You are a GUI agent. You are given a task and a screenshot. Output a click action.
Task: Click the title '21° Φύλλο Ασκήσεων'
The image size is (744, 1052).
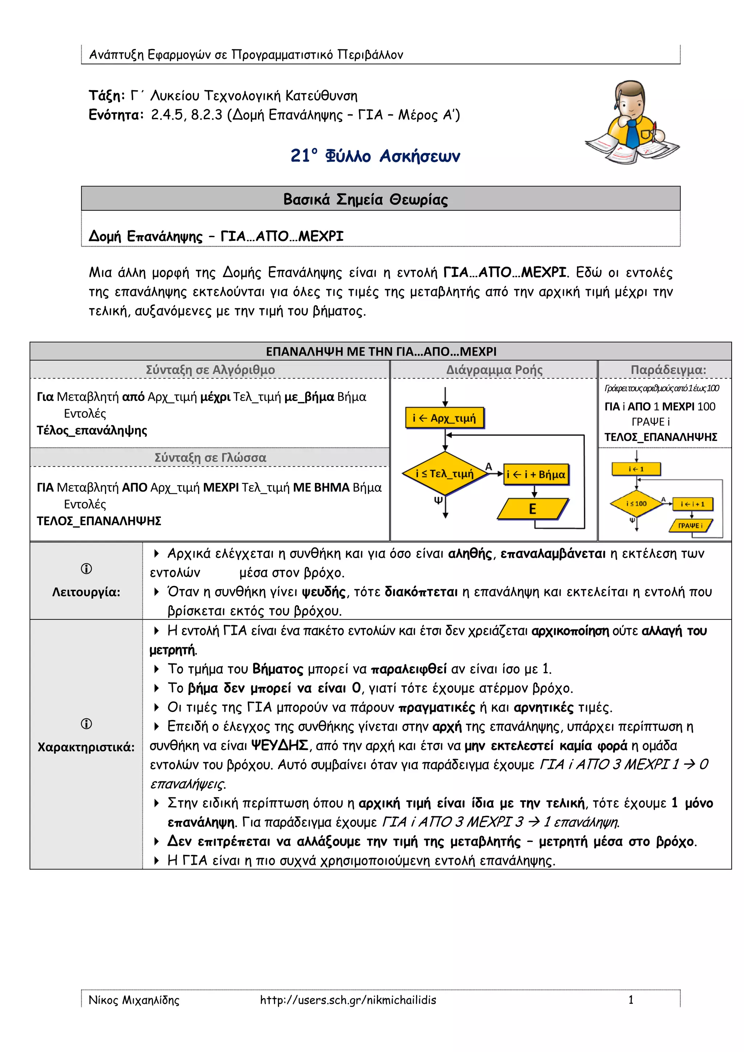pyautogui.click(x=375, y=156)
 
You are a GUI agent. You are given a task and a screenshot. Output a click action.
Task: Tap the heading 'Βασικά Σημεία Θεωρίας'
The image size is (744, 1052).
pyautogui.click(x=365, y=199)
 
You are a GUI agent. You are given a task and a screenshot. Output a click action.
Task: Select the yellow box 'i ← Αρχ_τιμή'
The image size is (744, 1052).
pyautogui.click(x=444, y=418)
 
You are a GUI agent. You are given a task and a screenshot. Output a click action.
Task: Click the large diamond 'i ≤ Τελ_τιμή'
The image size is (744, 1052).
pyautogui.click(x=444, y=473)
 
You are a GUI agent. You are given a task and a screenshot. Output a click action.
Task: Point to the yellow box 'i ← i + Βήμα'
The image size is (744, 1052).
pyautogui.click(x=535, y=474)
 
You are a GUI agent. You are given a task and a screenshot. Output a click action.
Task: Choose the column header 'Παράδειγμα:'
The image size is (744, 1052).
pyautogui.click(x=668, y=370)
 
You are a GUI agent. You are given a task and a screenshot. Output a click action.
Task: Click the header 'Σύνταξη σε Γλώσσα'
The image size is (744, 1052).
pyautogui.click(x=210, y=457)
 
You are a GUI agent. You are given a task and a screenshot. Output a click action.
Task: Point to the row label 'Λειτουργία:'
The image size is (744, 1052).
pyautogui.click(x=86, y=592)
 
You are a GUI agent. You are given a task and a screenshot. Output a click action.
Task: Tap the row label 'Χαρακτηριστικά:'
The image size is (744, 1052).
pyautogui.click(x=86, y=747)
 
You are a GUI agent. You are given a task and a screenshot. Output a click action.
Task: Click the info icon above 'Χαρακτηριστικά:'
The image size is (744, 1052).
pyautogui.click(x=86, y=724)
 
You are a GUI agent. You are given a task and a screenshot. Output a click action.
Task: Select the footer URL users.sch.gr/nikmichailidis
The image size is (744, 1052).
pyautogui.click(x=348, y=1000)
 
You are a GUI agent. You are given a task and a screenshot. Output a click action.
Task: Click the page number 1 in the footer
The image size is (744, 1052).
pyautogui.click(x=631, y=1000)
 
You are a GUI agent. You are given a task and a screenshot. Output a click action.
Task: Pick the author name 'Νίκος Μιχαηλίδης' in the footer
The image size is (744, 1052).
pyautogui.click(x=134, y=1000)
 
